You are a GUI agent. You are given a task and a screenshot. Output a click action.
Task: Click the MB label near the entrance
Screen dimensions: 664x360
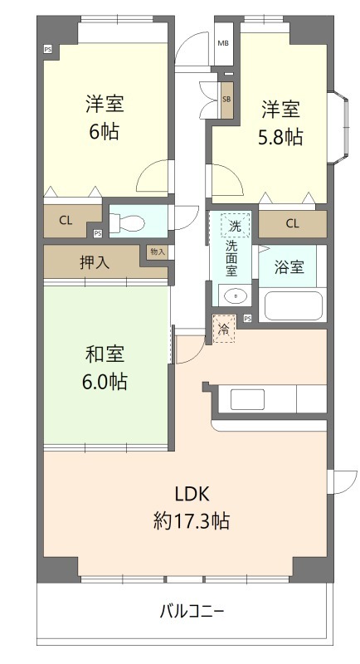click(x=223, y=43)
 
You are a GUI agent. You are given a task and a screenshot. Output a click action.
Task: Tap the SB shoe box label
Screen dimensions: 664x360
click(x=226, y=99)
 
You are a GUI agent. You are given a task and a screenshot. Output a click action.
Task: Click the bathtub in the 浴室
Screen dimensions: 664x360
click(x=293, y=305)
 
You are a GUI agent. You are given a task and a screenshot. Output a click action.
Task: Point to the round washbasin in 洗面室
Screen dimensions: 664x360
click(x=235, y=295)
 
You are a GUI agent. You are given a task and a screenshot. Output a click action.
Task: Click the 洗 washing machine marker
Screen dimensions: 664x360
click(x=235, y=226)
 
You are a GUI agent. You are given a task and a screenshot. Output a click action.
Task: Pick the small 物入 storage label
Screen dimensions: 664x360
click(x=157, y=251)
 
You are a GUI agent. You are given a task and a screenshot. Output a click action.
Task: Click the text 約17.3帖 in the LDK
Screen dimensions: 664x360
click(x=192, y=521)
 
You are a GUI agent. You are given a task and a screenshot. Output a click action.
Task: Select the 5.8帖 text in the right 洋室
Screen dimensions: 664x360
click(x=281, y=137)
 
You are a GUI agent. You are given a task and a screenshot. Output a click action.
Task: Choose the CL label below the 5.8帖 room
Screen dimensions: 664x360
click(x=292, y=223)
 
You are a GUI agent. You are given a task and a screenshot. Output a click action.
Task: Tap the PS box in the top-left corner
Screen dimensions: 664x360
click(x=47, y=49)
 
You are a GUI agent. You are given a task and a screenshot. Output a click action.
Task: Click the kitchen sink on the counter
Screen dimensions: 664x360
click(x=246, y=399)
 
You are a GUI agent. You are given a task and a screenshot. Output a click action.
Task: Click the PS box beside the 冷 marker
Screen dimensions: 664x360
click(x=247, y=319)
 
